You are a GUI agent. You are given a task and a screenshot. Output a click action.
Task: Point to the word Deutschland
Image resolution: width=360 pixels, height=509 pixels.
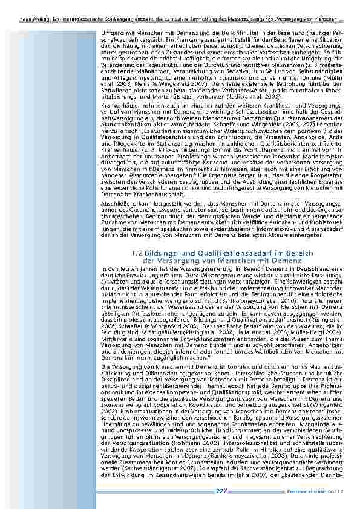[x=297, y=268]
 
